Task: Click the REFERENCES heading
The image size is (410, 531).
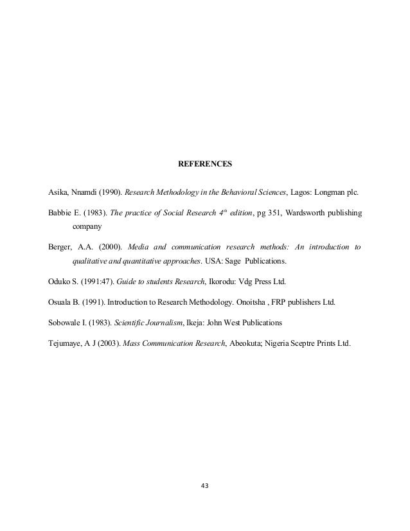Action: coord(204,165)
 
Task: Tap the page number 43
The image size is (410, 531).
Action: coord(205,486)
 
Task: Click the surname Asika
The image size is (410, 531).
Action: coord(59,192)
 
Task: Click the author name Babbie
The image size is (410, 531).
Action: coord(62,212)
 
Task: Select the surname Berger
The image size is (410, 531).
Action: coord(61,247)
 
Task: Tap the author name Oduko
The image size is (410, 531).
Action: coord(61,282)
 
